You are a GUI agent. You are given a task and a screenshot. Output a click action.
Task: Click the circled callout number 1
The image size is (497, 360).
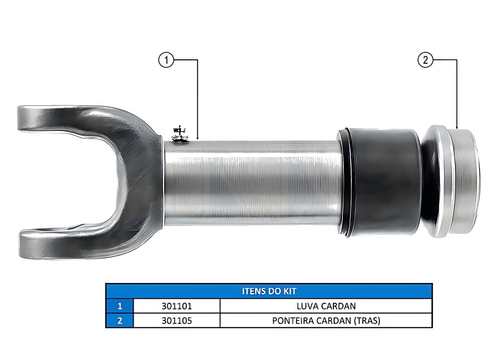[166, 60]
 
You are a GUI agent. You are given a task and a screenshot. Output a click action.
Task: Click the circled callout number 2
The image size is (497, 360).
[425, 60]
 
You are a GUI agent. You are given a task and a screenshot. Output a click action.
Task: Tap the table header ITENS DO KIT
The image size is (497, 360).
[269, 291]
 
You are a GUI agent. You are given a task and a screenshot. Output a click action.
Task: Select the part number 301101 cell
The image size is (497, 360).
[176, 306]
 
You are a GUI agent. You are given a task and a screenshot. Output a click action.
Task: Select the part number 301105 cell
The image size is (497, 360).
[176, 321]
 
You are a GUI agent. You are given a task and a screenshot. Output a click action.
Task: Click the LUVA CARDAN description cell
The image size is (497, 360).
[326, 306]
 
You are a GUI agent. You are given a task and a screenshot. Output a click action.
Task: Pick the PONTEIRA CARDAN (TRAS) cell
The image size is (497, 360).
[326, 321]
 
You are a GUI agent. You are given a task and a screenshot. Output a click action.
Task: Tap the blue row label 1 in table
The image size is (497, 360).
[120, 306]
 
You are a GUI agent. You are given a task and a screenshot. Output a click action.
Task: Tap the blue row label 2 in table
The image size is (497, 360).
[120, 321]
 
